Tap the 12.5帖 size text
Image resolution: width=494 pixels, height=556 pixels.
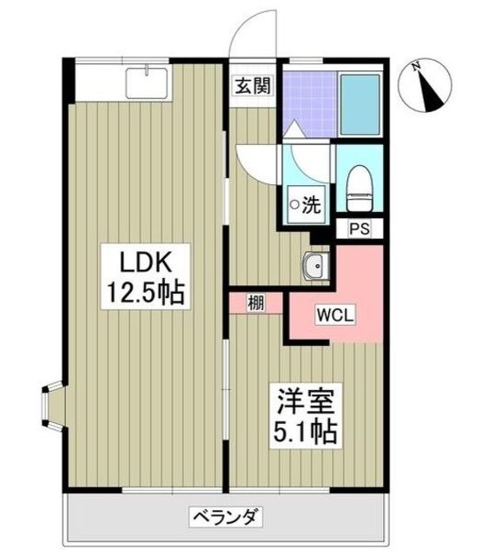tap(143, 293)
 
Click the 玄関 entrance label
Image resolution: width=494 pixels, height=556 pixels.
tap(249, 85)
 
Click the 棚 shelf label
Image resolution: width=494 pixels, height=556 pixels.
tap(255, 303)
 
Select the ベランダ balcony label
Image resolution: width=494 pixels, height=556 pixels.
tap(225, 519)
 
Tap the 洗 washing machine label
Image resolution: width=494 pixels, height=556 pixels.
tap(305, 205)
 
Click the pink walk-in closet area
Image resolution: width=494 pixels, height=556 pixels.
tap(347, 287)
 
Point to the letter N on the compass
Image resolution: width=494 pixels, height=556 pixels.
tap(418, 65)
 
